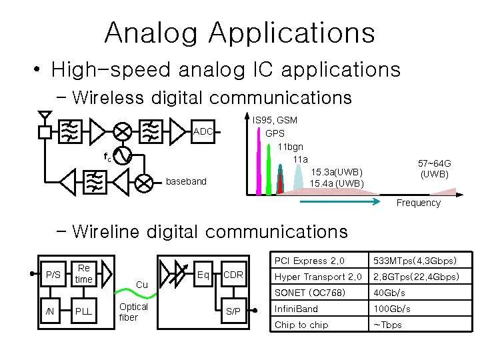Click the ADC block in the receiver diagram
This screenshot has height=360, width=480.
[x=203, y=131]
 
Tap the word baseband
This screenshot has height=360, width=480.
[x=186, y=181]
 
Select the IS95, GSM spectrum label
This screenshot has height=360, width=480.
[x=275, y=120]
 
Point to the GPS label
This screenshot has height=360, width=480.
[x=275, y=133]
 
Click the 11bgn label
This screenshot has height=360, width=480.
[x=290, y=146]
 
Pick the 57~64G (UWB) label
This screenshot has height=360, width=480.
[x=434, y=168]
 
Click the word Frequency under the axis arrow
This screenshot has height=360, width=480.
[x=419, y=203]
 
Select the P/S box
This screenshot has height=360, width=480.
[x=52, y=274]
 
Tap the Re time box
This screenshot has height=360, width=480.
[x=83, y=274]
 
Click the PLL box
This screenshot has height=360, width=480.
[x=83, y=311]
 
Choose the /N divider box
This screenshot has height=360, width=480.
[x=49, y=311]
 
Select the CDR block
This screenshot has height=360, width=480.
[x=233, y=274]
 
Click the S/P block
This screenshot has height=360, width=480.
[x=233, y=311]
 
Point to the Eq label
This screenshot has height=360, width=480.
[x=204, y=273]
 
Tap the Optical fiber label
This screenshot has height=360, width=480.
[x=133, y=312]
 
